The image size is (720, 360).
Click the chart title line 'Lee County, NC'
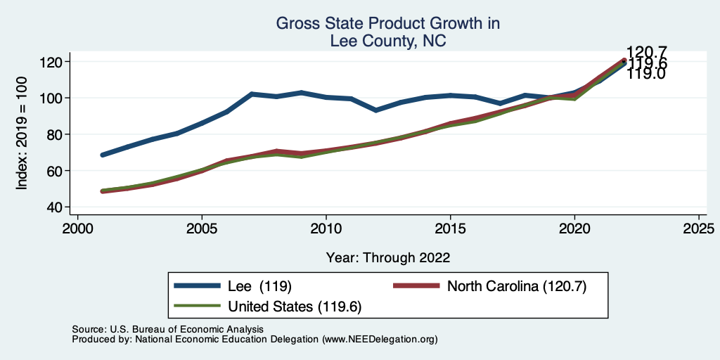388,41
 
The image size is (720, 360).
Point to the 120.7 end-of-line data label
647,52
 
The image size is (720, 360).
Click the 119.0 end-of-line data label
646,73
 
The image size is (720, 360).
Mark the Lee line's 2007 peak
252,94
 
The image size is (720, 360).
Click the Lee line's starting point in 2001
103,155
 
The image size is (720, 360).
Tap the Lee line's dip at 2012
376,110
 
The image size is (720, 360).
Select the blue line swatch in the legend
196,286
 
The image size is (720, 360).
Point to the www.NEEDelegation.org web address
380,339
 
